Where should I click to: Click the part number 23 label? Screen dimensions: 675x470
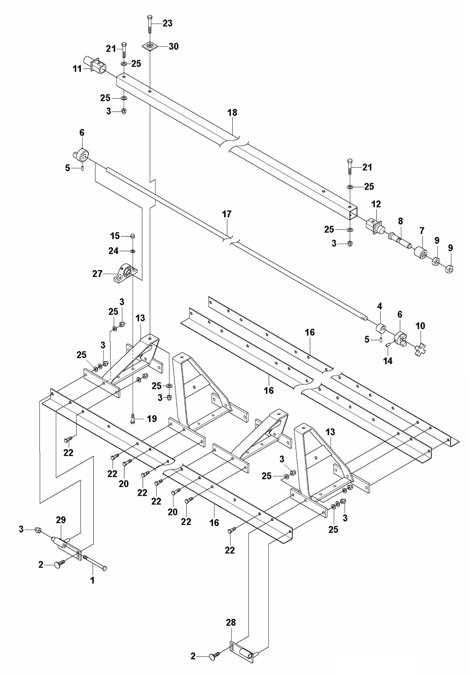coord(167,23)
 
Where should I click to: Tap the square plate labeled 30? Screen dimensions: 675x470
coord(150,46)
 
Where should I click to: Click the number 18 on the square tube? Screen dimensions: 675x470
coord(232,113)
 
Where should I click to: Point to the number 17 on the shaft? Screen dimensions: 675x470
coord(227,214)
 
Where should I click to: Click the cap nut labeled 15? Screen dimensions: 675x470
coord(133,235)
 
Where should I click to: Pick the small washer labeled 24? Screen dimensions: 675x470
coord(133,251)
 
